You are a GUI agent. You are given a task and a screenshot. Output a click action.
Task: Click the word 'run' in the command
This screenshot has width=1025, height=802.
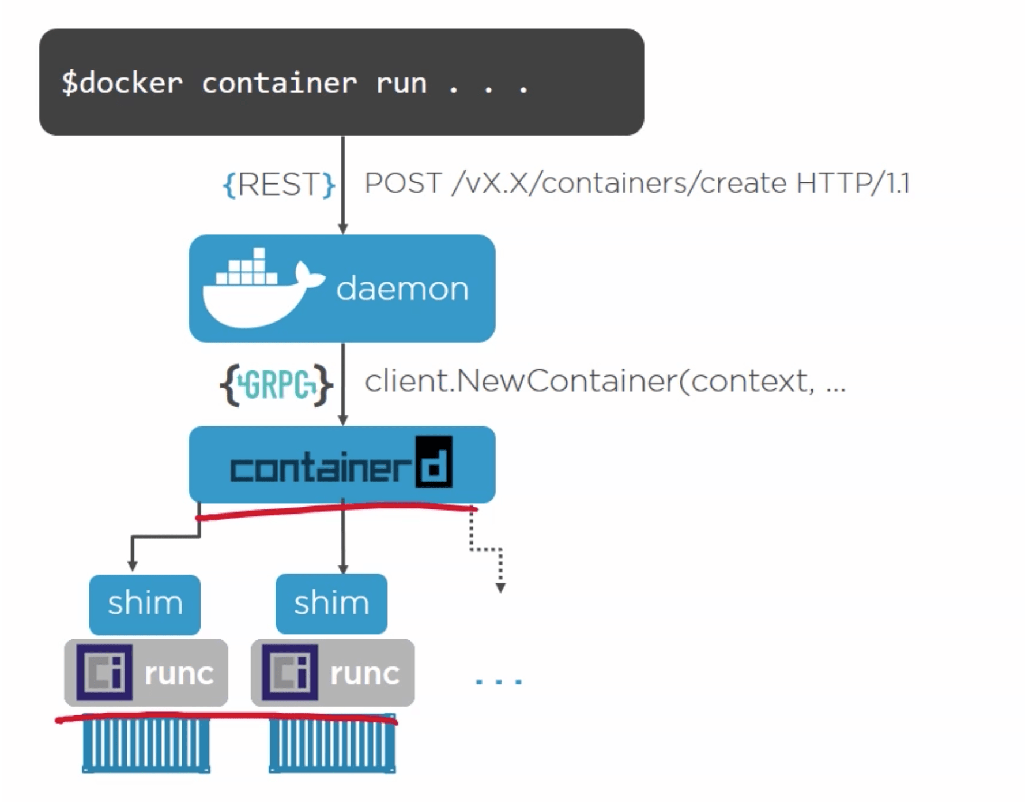point(401,84)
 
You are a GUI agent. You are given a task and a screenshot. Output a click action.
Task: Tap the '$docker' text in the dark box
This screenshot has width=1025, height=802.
point(122,83)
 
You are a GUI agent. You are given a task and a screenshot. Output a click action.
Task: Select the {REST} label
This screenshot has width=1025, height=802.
point(279,185)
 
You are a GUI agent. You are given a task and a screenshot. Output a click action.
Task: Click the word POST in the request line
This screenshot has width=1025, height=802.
point(403,183)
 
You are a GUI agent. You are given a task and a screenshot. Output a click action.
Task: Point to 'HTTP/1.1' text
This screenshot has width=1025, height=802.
point(853,183)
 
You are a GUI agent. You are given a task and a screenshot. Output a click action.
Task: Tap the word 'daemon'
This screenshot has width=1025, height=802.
point(402,288)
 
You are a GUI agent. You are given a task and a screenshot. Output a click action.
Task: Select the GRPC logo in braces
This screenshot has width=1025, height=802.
point(277,384)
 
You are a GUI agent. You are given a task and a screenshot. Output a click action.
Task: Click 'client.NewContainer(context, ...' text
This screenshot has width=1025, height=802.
point(605,381)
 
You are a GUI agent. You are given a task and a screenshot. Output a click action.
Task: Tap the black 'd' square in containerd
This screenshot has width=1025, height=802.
point(434,462)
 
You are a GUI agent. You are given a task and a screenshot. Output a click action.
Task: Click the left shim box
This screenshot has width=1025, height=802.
point(145,604)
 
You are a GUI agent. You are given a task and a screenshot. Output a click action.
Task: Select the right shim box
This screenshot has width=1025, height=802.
point(331,604)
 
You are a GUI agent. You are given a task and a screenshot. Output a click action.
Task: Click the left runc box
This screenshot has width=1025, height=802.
point(146,673)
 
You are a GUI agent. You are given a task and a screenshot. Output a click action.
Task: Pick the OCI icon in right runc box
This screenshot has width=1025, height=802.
point(290,673)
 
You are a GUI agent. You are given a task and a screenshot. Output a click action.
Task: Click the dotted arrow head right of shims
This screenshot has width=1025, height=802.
point(500,587)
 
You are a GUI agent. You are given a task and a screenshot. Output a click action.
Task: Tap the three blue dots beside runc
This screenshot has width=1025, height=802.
point(499,681)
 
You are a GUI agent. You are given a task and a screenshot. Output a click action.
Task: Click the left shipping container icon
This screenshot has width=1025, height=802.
point(146,744)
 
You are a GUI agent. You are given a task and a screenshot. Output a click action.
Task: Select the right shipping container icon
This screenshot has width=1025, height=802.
point(333,744)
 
